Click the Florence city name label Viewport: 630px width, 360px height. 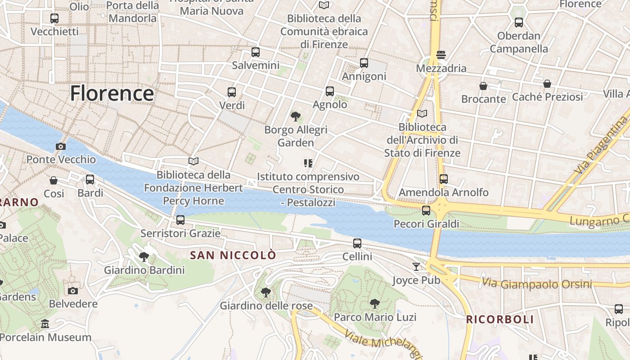coord(112,93)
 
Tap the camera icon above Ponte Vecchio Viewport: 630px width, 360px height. coord(61,146)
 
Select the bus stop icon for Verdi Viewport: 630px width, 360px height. coord(232,92)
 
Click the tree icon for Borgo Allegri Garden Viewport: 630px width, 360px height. coord(296,117)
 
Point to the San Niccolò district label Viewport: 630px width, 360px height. coord(233,256)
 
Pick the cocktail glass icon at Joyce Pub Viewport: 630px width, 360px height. coord(416,267)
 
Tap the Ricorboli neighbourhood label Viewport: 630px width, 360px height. coord(499,319)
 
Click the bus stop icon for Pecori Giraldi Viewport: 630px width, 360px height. coord(426,210)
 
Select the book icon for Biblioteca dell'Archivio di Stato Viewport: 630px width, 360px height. coord(422,113)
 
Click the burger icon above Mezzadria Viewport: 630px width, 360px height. coord(441,55)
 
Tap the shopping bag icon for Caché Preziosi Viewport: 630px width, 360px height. coord(547,84)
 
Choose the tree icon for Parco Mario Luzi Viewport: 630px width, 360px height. coord(375,304)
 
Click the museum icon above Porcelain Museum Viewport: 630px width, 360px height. coord(45,324)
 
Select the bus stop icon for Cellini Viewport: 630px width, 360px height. coord(357,243)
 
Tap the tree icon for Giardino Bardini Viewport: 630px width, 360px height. coord(144,257)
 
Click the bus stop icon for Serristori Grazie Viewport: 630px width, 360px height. coord(180,220)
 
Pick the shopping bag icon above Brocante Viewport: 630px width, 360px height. coord(483,85)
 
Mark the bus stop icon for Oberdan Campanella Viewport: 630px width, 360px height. coord(519,22)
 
